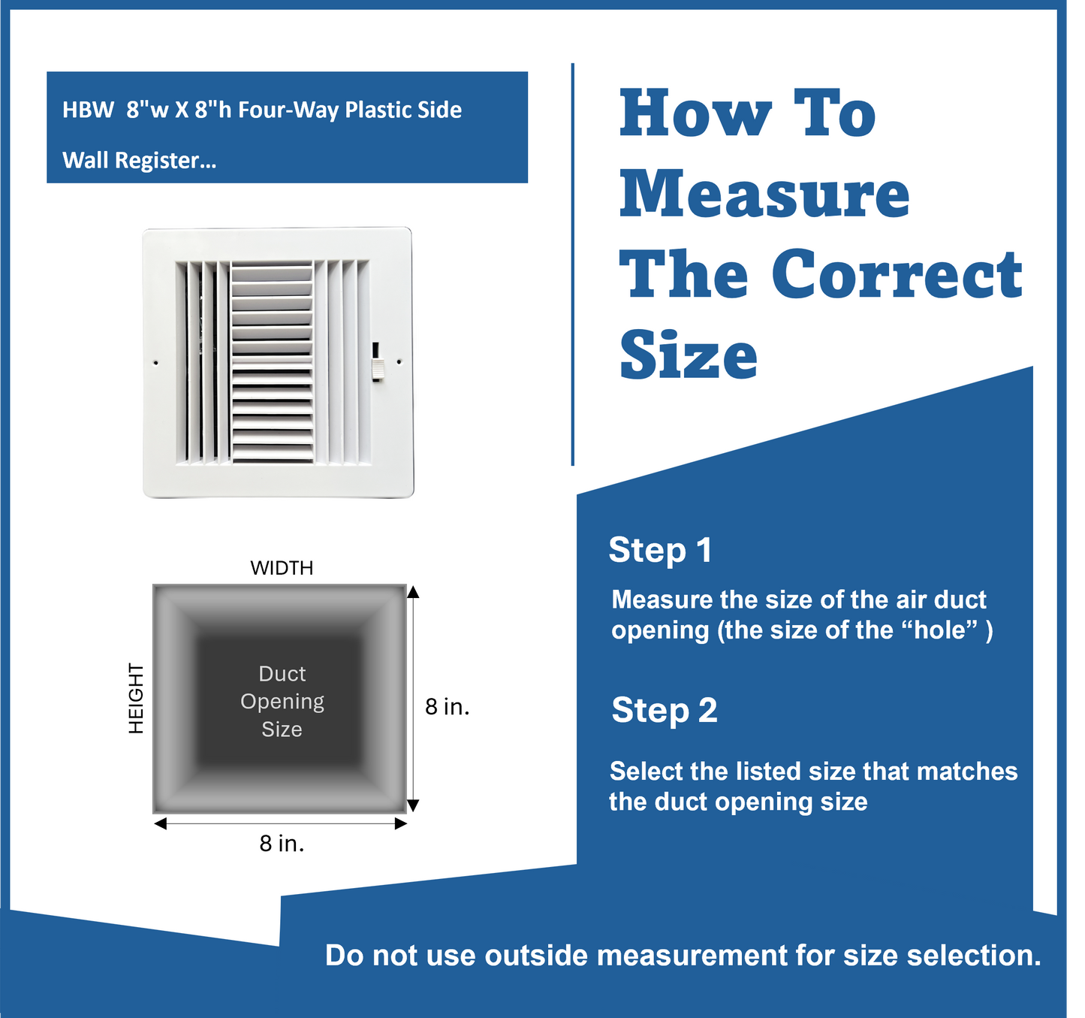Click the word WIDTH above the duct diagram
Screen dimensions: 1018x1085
click(282, 568)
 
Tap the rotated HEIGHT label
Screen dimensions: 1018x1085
click(136, 698)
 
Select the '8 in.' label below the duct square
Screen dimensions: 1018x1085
click(282, 844)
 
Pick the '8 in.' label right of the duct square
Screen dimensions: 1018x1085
click(447, 706)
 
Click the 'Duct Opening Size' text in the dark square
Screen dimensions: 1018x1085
click(282, 701)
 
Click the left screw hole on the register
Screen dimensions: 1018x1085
click(156, 363)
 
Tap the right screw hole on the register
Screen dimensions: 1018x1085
click(399, 362)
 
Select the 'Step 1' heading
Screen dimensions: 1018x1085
click(660, 550)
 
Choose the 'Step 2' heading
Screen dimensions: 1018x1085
click(664, 710)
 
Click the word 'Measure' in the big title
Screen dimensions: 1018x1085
click(764, 194)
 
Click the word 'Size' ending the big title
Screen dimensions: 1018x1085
click(688, 355)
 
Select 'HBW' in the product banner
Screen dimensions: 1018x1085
click(88, 110)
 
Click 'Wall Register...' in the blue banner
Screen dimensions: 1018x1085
click(139, 160)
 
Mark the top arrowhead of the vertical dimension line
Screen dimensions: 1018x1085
click(412, 592)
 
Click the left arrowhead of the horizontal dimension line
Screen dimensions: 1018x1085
click(160, 824)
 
